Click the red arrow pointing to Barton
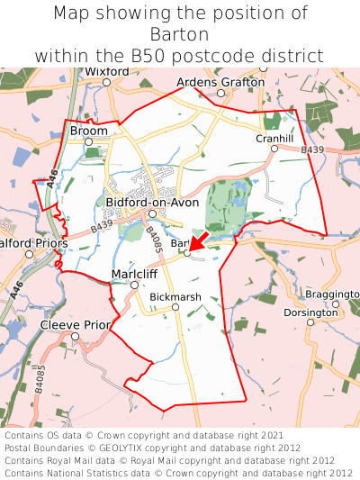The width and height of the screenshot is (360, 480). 199,240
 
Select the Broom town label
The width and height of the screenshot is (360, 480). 88,131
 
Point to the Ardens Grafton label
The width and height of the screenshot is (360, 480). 220,82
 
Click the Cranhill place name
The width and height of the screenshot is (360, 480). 274,138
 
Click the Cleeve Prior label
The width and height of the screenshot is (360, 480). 75,324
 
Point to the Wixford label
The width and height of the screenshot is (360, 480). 107,71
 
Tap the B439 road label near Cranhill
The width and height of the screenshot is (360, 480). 312,149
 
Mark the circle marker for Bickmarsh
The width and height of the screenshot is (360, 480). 176,307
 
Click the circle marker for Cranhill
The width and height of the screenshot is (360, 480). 274,149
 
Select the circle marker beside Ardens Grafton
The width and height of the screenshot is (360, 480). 220,93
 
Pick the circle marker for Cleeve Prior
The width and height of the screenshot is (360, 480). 76,337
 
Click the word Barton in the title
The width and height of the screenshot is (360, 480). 180,34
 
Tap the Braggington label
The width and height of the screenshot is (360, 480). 332,294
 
